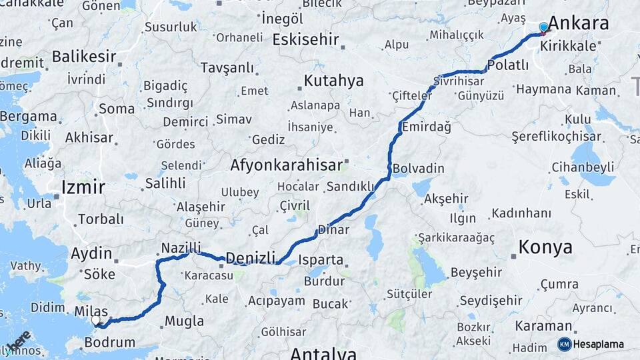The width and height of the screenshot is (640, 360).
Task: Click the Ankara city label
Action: tap(578, 23)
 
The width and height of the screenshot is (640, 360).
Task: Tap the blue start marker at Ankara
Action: tap(543, 27)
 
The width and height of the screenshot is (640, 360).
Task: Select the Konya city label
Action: tap(545, 247)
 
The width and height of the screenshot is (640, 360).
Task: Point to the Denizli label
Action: tap(250, 258)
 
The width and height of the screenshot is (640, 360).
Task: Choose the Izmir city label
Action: tap(83, 187)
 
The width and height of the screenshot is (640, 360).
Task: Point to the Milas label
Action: tap(91, 311)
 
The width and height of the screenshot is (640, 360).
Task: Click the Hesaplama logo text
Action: tap(599, 344)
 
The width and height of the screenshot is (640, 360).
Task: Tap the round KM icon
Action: tap(564, 344)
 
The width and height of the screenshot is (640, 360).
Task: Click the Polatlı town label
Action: tap(507, 65)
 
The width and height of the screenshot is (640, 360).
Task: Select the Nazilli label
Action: tap(181, 249)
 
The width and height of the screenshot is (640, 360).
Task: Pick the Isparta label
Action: tap(320, 260)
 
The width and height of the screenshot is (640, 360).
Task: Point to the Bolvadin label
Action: tap(418, 168)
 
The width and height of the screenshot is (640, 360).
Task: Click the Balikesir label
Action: tap(84, 56)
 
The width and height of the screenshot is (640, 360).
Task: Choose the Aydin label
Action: tap(91, 253)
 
